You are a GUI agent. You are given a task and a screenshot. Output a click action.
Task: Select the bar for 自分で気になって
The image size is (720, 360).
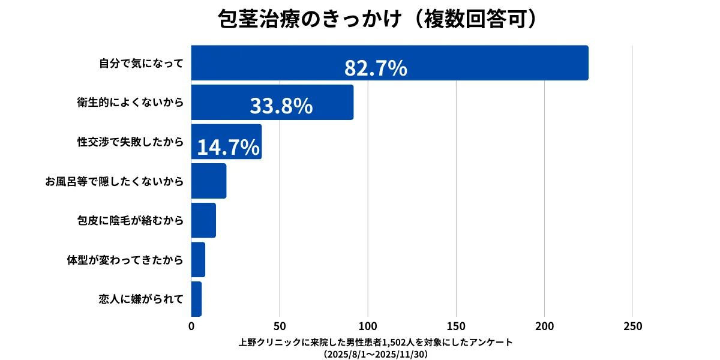389,62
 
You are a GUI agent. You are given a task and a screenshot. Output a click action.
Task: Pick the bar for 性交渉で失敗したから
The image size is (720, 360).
226,142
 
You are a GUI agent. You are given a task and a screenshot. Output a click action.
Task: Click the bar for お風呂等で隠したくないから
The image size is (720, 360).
208,181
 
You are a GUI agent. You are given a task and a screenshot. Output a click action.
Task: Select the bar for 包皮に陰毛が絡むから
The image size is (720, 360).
203,220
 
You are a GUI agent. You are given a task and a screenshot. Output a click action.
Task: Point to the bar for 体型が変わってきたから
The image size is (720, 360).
198,259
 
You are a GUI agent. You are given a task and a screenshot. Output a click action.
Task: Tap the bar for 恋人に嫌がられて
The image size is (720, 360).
196,299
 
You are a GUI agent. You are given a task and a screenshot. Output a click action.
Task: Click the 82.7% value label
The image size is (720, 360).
376,69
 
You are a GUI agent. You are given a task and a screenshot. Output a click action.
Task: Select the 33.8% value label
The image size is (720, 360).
281,106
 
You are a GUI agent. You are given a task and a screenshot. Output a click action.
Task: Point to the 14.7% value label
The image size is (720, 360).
228,147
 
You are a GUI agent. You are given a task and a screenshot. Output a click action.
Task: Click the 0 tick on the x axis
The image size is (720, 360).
191,326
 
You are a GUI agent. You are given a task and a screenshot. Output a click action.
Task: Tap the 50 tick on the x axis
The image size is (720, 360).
280,326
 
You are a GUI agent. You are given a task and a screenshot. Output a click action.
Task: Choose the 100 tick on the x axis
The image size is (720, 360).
368,326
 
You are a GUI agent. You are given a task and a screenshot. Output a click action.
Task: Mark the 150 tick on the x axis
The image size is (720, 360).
456,326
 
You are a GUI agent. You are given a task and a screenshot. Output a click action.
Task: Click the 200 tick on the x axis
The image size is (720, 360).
544,326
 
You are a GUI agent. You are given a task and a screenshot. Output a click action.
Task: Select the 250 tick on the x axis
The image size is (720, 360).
632,326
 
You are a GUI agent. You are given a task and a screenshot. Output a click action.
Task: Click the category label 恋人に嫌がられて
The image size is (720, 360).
141,299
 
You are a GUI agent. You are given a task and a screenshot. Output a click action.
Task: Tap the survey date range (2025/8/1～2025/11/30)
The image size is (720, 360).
376,354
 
